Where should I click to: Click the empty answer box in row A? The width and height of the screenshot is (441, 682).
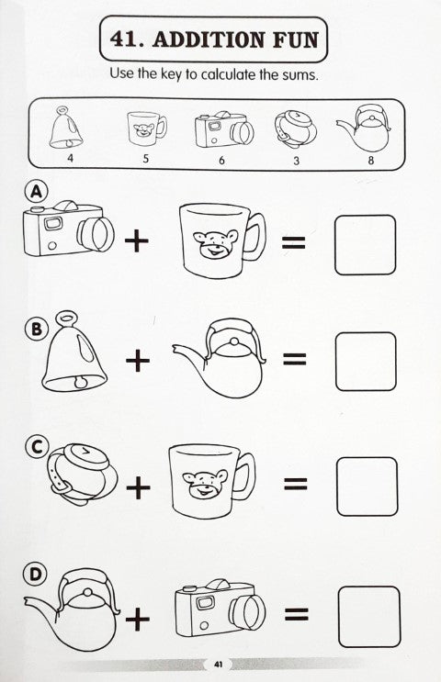(366, 245)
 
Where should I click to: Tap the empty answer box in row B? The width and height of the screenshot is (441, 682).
(366, 361)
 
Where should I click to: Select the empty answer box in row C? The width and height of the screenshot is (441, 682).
(367, 486)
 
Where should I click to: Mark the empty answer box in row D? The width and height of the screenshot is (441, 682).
(368, 617)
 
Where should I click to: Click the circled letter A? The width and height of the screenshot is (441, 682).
(36, 192)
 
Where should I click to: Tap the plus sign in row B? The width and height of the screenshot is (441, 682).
(138, 361)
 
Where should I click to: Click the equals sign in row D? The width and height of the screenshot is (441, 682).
(297, 615)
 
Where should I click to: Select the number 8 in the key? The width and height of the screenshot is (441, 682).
(371, 160)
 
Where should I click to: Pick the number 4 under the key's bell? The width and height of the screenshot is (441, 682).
(71, 158)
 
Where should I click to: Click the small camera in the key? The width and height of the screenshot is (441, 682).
(224, 129)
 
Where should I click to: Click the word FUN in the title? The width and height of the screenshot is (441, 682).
(296, 39)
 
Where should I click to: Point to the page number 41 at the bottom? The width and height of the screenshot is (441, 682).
(218, 665)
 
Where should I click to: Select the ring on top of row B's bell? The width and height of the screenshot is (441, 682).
(66, 317)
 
